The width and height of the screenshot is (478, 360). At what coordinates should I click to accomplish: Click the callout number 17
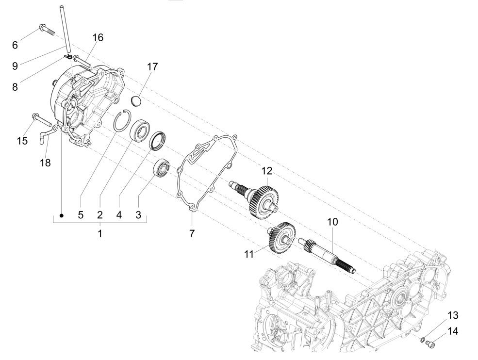[x=152, y=66]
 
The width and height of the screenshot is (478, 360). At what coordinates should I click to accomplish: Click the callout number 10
[x=332, y=222]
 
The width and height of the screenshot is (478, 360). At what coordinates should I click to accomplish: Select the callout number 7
[x=192, y=233]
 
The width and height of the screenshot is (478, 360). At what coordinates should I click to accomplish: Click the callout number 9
[x=15, y=65]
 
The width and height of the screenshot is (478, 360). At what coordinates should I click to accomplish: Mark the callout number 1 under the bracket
[x=99, y=233]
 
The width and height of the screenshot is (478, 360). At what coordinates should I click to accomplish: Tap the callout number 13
[x=452, y=315]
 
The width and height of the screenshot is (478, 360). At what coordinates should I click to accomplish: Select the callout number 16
[x=98, y=37]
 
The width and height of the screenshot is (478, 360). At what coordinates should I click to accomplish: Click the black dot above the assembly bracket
[x=62, y=214]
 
